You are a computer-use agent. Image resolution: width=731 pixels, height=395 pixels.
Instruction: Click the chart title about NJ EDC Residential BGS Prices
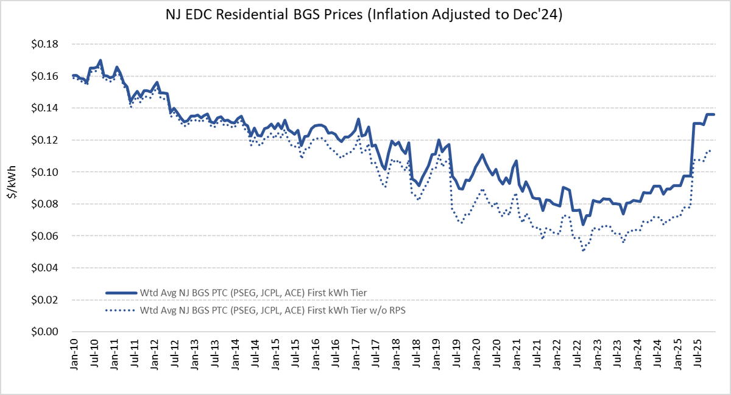click(365, 15)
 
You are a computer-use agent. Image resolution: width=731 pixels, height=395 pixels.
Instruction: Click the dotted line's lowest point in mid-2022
click(583, 251)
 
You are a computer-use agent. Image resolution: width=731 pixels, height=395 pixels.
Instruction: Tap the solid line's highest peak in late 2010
click(101, 60)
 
